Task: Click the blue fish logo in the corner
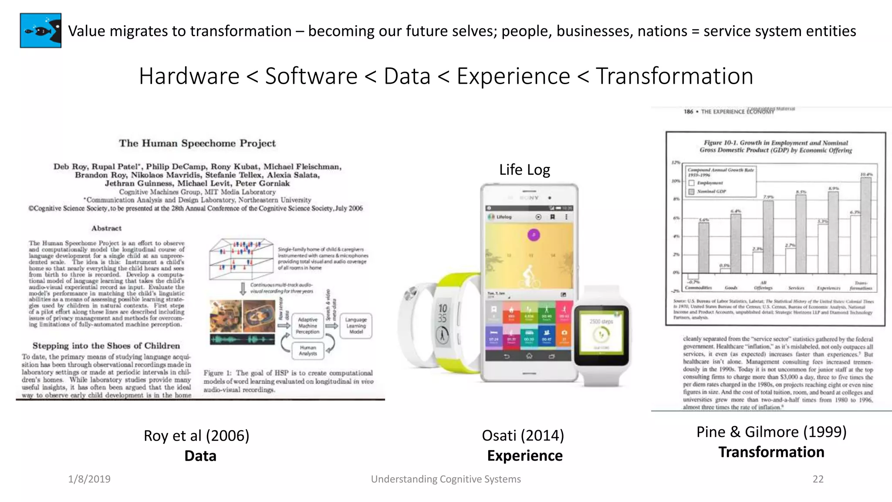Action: [x=41, y=31]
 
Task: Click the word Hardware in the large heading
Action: [x=189, y=76]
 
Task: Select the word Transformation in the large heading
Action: [x=674, y=76]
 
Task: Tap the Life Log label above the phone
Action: [x=524, y=170]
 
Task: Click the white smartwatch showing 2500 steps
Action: [x=601, y=336]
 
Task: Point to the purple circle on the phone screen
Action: [x=534, y=235]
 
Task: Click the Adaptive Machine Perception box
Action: [x=307, y=326]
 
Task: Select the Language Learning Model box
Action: [x=356, y=326]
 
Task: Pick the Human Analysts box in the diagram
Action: [x=307, y=350]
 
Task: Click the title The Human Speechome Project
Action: [x=197, y=143]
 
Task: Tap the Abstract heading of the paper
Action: [x=106, y=228]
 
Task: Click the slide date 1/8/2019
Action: [x=89, y=479]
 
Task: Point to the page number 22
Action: [x=818, y=479]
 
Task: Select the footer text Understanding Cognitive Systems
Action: [x=446, y=479]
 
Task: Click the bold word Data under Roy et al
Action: [x=200, y=456]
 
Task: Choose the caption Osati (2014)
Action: [x=523, y=435]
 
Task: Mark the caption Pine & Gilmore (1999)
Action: [x=771, y=432]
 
